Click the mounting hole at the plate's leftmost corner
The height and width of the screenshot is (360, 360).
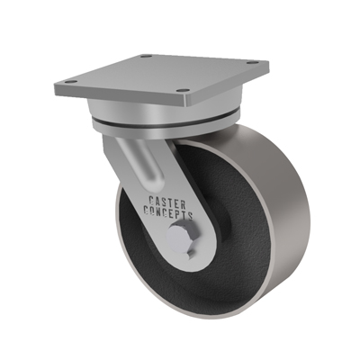71,81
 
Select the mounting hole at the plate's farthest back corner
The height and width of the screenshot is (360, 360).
146,56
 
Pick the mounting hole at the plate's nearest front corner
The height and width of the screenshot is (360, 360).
183,90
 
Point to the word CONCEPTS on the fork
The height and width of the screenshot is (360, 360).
168,211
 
